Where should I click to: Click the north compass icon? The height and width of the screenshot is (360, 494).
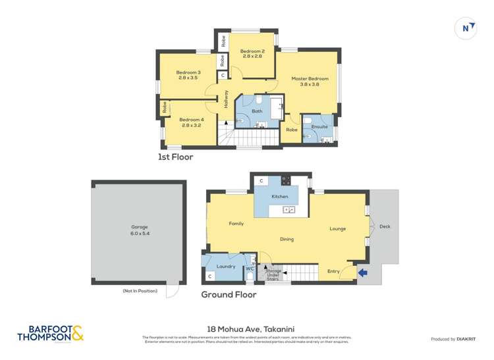click(466, 28)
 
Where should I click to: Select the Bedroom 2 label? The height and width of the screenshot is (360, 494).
click(252, 54)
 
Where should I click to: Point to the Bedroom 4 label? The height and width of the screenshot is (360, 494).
click(192, 122)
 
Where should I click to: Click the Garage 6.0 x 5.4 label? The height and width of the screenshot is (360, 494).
click(134, 232)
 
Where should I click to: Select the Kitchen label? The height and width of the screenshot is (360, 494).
click(281, 197)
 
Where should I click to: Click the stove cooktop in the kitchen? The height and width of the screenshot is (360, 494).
click(287, 180)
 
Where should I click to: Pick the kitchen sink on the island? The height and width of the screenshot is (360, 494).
click(288, 210)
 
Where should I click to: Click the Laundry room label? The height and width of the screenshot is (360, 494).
click(226, 266)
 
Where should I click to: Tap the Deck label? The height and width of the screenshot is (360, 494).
click(385, 226)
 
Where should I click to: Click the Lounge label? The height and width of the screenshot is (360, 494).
click(338, 228)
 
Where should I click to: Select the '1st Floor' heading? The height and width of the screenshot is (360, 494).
click(175, 157)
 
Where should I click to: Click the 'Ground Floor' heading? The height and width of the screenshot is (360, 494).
click(229, 295)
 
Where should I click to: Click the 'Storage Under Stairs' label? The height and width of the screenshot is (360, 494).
click(273, 274)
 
